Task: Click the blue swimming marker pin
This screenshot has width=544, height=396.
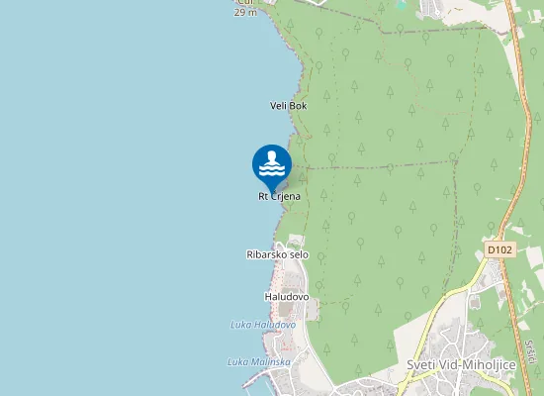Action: pyautogui.click(x=272, y=164)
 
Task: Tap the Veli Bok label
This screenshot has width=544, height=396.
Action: pyautogui.click(x=289, y=105)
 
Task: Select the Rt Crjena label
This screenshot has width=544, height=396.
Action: pyautogui.click(x=279, y=196)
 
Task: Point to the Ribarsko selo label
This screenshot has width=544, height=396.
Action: pyautogui.click(x=277, y=254)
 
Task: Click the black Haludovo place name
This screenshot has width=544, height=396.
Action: pyautogui.click(x=287, y=296)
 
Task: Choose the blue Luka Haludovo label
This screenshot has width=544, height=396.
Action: pyautogui.click(x=263, y=325)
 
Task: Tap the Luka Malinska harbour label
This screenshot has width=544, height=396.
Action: pyautogui.click(x=258, y=361)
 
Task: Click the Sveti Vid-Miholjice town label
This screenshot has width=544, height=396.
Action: pyautogui.click(x=461, y=364)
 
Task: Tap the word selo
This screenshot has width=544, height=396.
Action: pyautogui.click(x=298, y=254)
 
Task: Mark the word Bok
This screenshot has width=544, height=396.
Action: pyautogui.click(x=299, y=105)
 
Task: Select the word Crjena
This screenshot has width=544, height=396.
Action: pyautogui.click(x=286, y=196)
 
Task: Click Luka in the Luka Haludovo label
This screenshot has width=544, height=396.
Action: pyautogui.click(x=240, y=325)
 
